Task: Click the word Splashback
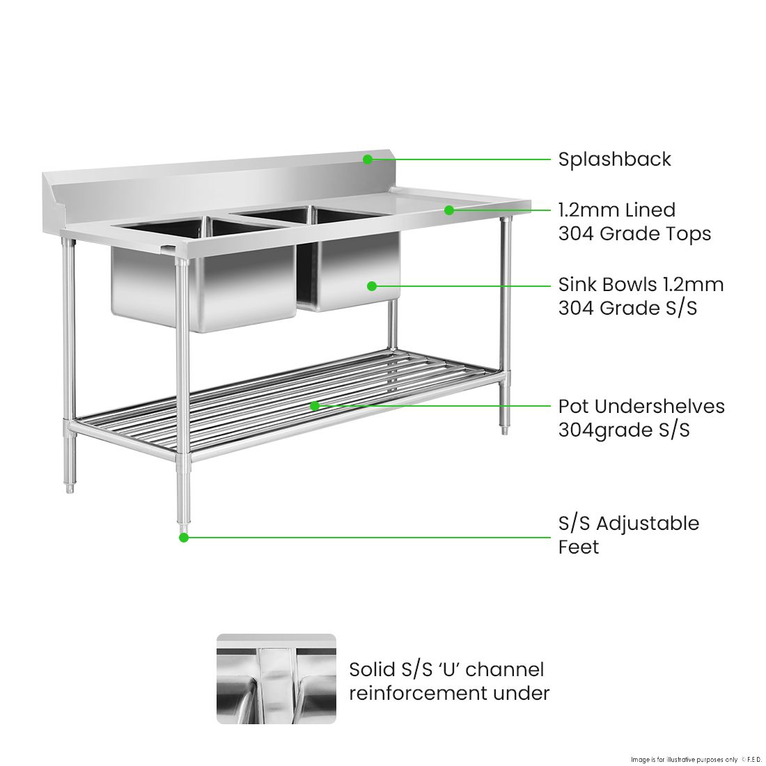point(614,159)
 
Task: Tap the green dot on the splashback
point(367,159)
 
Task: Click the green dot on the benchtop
point(449,210)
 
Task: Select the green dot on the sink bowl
point(372,286)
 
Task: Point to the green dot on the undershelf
point(315,405)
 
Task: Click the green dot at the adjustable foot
point(184,537)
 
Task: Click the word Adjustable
point(648,524)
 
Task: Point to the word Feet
point(578,547)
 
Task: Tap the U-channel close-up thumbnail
point(276,678)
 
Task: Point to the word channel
point(504,670)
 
